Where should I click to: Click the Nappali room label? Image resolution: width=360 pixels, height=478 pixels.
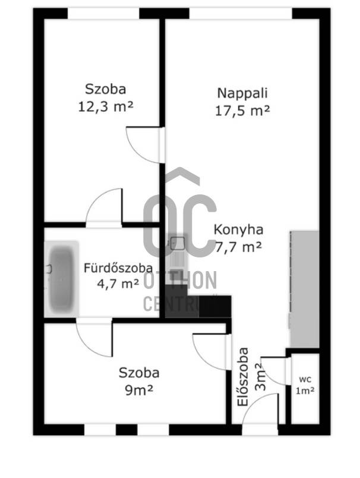pos(242,93)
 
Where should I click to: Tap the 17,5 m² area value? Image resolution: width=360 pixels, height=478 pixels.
pos(242,111)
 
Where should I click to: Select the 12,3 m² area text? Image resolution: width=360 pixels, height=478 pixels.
pos(106,106)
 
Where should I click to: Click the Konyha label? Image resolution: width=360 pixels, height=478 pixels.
pos(238,229)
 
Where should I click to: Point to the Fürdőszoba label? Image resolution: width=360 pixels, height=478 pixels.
pos(118,268)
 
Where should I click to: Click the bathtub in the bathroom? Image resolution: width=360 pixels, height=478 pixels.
pos(62,279)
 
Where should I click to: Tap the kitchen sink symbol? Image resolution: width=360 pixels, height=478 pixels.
pos(177,243)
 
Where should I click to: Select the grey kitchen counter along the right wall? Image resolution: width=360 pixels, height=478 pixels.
pos(304,289)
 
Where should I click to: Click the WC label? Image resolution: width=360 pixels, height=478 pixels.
pos(305,379)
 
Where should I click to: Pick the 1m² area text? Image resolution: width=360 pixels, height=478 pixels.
pos(305,391)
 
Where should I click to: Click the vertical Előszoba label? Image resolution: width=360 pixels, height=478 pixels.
pos(243,377)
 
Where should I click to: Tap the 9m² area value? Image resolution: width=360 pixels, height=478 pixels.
pos(139,390)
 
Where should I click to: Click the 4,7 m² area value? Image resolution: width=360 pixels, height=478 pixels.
pos(118,284)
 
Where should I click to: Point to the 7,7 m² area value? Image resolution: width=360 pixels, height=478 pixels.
pos(238,247)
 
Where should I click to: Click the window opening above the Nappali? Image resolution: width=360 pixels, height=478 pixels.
pos(241,14)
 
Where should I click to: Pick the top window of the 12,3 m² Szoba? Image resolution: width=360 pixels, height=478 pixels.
pos(103,14)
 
